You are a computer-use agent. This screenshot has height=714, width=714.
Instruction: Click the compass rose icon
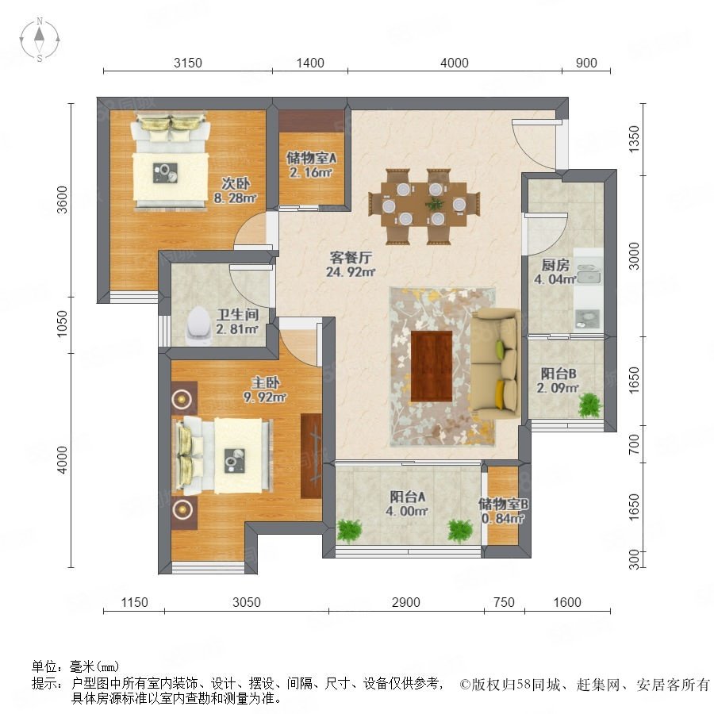click(x=40, y=40)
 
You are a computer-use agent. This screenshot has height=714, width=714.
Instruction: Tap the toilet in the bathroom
click(x=198, y=326)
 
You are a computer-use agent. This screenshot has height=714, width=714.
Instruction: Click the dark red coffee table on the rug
click(x=432, y=366)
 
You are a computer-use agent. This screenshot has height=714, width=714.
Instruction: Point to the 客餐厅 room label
click(x=351, y=258)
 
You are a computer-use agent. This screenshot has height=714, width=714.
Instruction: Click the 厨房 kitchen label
click(x=555, y=265)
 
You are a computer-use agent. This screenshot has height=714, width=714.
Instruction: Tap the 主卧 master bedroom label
click(x=266, y=382)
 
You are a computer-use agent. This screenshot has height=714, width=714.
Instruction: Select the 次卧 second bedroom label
click(x=236, y=183)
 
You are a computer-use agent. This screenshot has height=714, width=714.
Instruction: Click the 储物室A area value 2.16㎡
click(x=311, y=173)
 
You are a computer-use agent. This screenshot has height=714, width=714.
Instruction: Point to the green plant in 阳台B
click(x=590, y=405)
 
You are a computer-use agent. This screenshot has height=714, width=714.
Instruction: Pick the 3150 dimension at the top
click(x=187, y=63)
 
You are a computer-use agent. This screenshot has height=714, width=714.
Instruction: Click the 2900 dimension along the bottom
click(x=405, y=602)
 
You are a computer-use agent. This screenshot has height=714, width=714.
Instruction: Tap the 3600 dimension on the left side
click(x=62, y=199)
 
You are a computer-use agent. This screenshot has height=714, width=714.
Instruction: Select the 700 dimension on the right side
click(x=634, y=444)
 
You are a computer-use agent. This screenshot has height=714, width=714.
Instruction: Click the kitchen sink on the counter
click(x=589, y=274)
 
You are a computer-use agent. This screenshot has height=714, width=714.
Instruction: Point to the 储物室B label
click(x=503, y=504)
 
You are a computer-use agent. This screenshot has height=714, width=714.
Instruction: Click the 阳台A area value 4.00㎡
click(x=407, y=511)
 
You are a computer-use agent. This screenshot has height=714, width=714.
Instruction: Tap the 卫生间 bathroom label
click(x=237, y=314)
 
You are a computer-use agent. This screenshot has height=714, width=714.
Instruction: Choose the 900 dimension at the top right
click(x=586, y=63)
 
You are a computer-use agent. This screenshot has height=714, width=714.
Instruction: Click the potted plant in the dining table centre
click(x=435, y=202)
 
